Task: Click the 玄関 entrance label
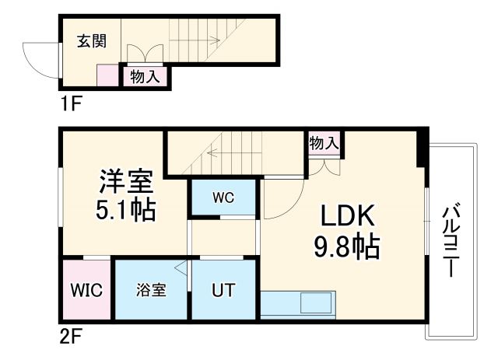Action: point(92,42)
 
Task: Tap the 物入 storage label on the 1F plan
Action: point(145,76)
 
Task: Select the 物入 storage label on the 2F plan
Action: point(324,143)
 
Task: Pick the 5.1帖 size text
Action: point(126,210)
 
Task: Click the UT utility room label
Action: point(223,291)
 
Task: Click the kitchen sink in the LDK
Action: point(315,302)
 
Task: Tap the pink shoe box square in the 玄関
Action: point(107,75)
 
